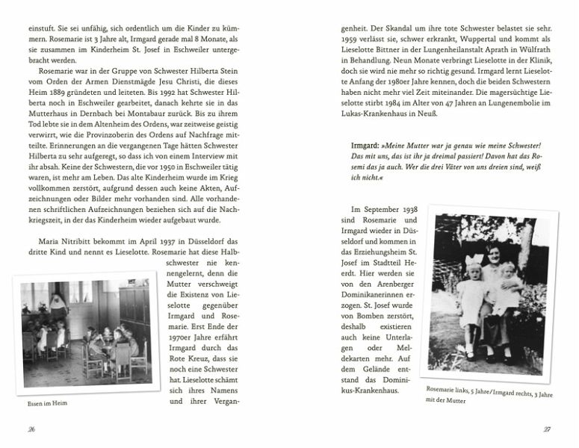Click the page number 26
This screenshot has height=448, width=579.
31,428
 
